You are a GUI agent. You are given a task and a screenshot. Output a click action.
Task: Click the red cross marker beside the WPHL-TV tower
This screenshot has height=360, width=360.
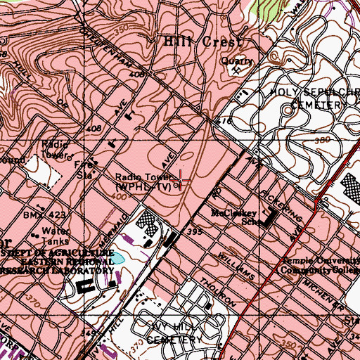pos(181,181)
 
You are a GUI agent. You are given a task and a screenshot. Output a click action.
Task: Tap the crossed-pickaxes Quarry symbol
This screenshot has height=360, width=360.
pos(242,68)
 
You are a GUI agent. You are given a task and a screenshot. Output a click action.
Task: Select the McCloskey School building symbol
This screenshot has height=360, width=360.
pos(266,221)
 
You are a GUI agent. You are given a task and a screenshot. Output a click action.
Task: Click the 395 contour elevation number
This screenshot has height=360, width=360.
pos(196,231)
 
